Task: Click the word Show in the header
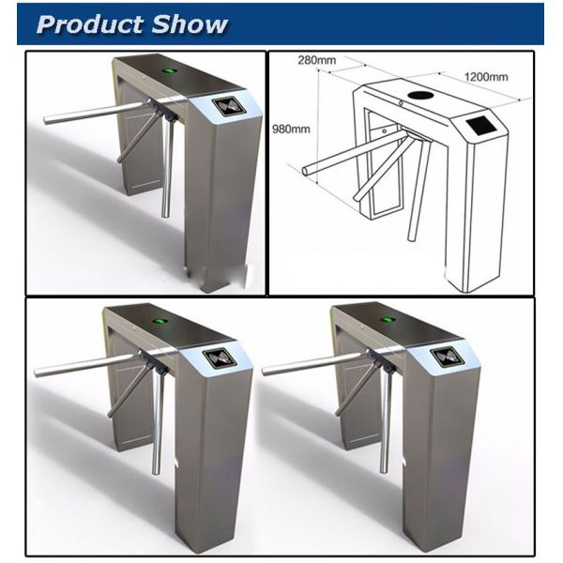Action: coord(190,24)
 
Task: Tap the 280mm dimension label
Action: coord(317,60)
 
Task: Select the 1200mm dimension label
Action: coord(486,77)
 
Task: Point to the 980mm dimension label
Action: coord(291,129)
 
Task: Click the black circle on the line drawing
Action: coord(421,96)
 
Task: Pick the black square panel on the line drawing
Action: coord(483,127)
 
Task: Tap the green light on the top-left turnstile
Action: coord(169,71)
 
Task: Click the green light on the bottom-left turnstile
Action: coord(158,320)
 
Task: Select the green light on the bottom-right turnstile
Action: coord(387,319)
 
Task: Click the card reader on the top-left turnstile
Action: coord(228,107)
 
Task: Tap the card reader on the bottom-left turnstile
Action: coord(219,358)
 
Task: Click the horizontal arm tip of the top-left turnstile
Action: coord(46,120)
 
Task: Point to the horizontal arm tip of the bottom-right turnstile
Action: coord(264,372)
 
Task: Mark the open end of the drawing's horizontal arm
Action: coord(305,171)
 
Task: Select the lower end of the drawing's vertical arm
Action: coord(411,238)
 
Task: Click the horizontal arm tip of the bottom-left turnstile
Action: coord(37,373)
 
